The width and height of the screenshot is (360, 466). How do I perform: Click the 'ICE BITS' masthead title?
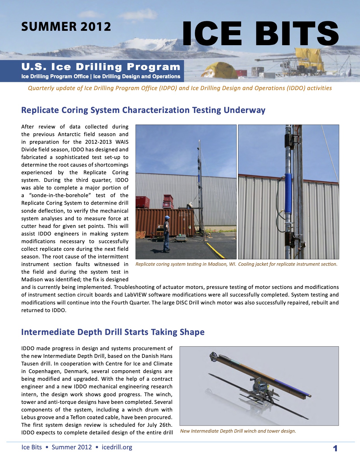coord(260,34)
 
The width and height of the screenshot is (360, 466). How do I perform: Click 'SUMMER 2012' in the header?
coord(66,27)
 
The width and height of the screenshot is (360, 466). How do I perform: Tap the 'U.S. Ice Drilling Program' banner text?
coord(101,67)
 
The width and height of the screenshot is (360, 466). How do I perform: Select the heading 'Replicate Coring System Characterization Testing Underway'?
coord(143,110)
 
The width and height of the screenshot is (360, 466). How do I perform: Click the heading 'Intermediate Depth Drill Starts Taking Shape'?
coord(113,332)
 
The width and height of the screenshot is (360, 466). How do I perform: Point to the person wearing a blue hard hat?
coord(167,234)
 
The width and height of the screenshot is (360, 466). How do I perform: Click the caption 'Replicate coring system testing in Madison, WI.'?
coord(186,264)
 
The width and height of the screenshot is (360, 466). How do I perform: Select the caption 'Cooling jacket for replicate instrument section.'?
coord(288,264)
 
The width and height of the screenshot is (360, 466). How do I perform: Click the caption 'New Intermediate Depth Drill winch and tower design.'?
coord(238,431)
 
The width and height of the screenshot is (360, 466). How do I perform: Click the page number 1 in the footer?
coord(335,448)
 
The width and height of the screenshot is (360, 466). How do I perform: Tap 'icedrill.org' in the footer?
coord(117,447)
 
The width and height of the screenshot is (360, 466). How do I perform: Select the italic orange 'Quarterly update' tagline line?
coord(180,88)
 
